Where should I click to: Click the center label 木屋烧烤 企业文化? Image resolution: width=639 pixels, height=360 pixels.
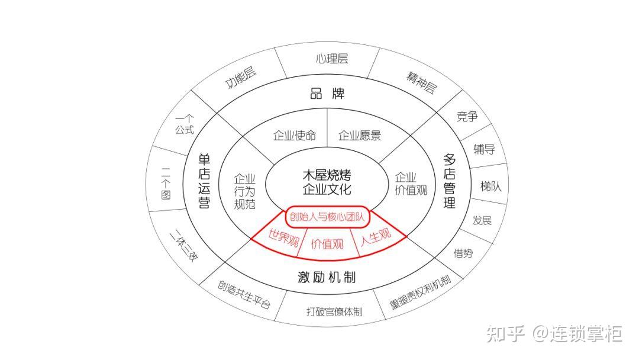click(327, 182)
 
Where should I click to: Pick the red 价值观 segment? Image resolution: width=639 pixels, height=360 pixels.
click(327, 243)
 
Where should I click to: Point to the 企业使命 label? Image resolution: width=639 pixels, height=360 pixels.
click(294, 135)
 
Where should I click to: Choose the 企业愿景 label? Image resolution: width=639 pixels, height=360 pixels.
click(359, 135)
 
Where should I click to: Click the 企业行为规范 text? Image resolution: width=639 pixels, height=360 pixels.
click(244, 191)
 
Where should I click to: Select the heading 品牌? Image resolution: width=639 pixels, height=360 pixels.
click(327, 94)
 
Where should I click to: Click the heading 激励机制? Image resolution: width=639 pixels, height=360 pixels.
click(327, 277)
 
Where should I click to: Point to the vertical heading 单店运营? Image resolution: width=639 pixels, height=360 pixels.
click(204, 181)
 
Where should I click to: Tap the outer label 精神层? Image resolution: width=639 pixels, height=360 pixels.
click(421, 83)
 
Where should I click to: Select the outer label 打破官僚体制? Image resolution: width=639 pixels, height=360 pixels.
click(334, 311)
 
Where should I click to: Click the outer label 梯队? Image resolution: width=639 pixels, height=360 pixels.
click(490, 186)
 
